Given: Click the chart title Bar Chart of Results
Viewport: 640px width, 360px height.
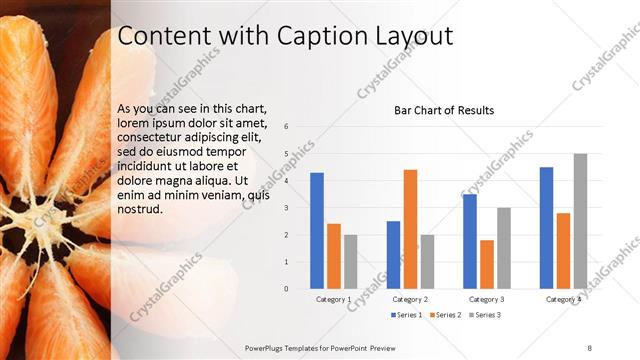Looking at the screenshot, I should click(x=444, y=110).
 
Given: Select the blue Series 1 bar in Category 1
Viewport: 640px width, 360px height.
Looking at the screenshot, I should click(x=317, y=230).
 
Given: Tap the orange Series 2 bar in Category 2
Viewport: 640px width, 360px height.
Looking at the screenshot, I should click(x=410, y=229).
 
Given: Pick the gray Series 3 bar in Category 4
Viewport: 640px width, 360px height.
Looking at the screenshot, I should click(x=580, y=221).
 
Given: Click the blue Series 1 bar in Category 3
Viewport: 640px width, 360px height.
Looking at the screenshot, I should click(x=470, y=241).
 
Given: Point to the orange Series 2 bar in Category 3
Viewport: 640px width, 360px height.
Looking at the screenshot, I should click(x=487, y=264).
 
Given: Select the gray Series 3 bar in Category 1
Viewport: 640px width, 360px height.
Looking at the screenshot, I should click(x=350, y=262).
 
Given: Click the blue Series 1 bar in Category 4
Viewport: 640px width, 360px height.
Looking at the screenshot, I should click(x=546, y=228).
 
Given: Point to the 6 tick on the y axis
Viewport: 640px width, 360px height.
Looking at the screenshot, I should click(x=287, y=127).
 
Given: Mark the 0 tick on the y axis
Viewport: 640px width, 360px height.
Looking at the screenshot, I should click(x=287, y=289).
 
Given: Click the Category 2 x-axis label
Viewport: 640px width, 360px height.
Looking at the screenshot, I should click(x=410, y=299).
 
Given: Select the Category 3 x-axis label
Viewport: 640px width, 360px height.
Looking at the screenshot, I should click(x=487, y=299).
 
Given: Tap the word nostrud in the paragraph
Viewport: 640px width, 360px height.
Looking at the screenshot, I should click(x=139, y=211).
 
